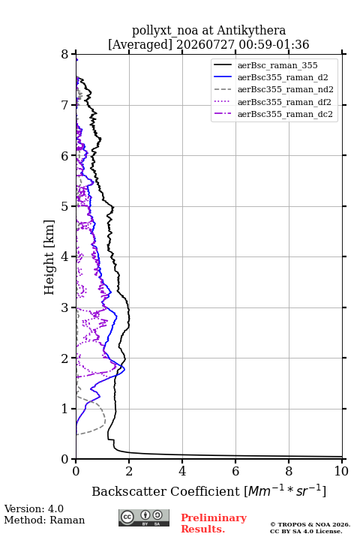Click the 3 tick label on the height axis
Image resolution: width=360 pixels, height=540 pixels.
[x=64, y=307]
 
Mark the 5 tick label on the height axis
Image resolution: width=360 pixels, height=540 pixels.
[x=64, y=206]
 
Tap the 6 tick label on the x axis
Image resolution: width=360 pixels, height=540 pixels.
[x=235, y=471]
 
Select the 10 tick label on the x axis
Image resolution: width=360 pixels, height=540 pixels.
[x=341, y=471]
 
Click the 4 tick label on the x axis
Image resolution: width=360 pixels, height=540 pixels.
[x=182, y=471]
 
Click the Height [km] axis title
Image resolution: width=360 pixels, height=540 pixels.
[x=49, y=257]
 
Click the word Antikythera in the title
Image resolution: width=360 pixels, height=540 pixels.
[x=251, y=30]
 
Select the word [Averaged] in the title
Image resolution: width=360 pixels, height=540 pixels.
[x=140, y=44]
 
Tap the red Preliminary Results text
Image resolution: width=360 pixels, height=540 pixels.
[x=214, y=523]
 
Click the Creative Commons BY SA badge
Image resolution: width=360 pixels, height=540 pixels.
[x=144, y=518]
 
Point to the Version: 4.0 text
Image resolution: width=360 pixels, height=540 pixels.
[x=34, y=508]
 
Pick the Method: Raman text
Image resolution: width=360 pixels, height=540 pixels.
[x=44, y=520]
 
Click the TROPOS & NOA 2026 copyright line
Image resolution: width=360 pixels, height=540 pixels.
[x=310, y=524]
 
